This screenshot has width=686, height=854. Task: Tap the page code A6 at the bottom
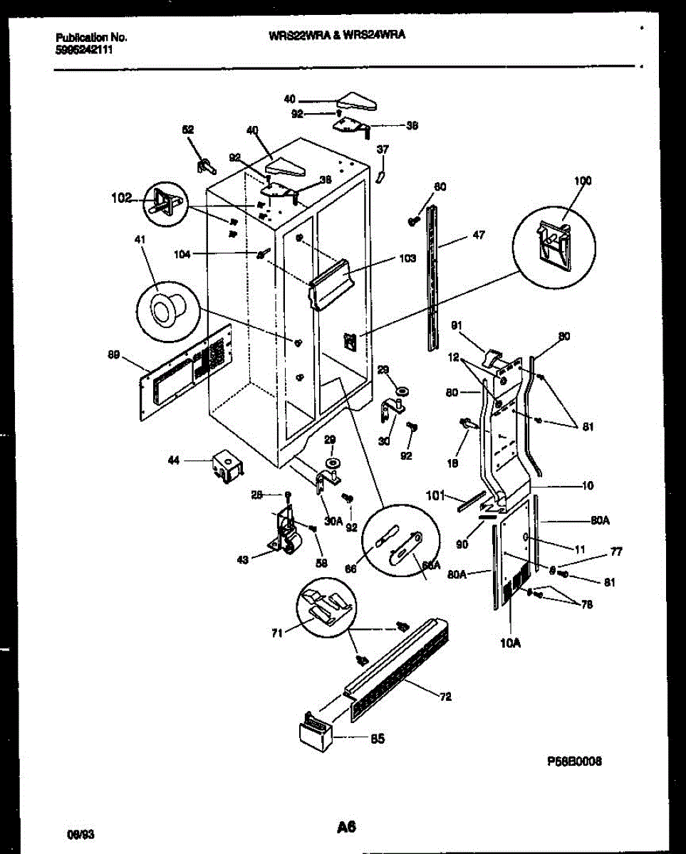pyautogui.click(x=345, y=827)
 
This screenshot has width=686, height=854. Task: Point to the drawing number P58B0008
pyautogui.click(x=574, y=761)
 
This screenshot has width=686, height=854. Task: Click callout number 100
pyautogui.click(x=583, y=181)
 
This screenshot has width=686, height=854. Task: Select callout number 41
pyautogui.click(x=140, y=241)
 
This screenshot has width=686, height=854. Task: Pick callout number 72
pyautogui.click(x=445, y=697)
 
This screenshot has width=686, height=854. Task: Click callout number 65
pyautogui.click(x=377, y=739)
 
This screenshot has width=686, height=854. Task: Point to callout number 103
pyautogui.click(x=407, y=259)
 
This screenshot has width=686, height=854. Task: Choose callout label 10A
pyautogui.click(x=511, y=644)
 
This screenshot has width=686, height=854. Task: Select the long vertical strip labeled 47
pyautogui.click(x=433, y=278)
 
